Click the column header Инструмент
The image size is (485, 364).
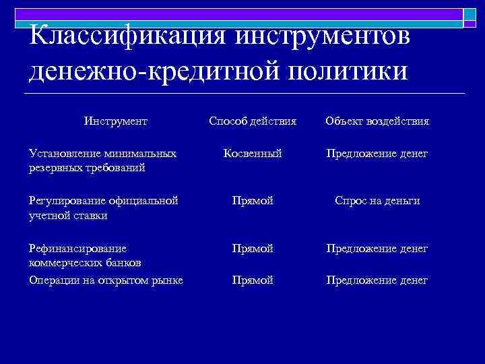tap(116, 121)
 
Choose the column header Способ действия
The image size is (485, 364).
tap(253, 121)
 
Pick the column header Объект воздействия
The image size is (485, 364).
tap(377, 121)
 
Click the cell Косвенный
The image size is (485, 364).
tap(253, 154)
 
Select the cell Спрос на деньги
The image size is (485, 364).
tap(377, 201)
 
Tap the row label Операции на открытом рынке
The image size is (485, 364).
tap(106, 280)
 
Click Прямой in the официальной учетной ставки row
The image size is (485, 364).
tap(253, 201)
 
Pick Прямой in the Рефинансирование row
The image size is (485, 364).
tap(253, 249)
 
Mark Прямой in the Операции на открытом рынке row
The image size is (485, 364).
tap(253, 280)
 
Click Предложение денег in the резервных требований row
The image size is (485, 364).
tap(377, 154)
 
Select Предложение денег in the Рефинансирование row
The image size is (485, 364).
tap(377, 249)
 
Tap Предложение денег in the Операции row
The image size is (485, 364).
tap(377, 280)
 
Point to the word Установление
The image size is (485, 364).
tap(61, 154)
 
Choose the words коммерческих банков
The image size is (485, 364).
tap(84, 262)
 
